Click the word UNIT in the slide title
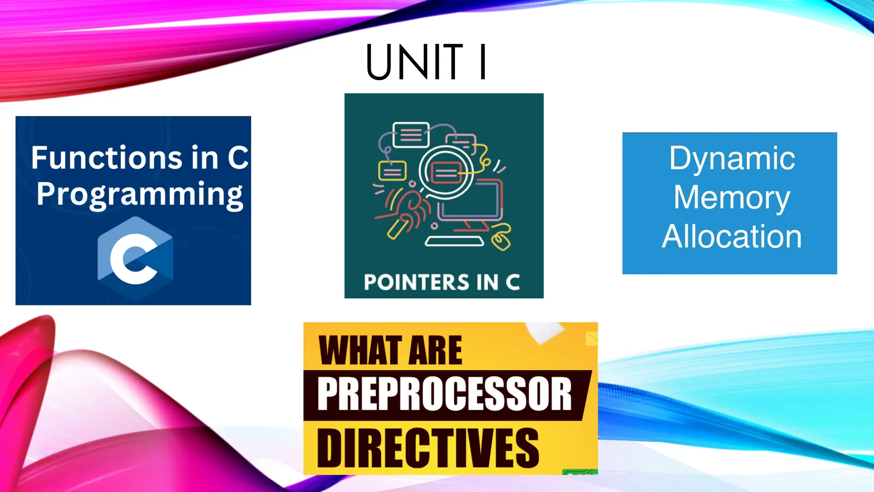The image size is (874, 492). pyautogui.click(x=414, y=62)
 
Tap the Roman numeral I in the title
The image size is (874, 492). pyautogui.click(x=483, y=62)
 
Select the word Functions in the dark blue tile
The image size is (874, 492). pyautogui.click(x=107, y=158)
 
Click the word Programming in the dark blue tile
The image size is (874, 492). pyautogui.click(x=140, y=194)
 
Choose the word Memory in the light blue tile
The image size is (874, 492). pyautogui.click(x=732, y=197)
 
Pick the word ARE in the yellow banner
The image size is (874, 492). pyautogui.click(x=435, y=351)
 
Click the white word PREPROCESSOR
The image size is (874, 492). pyautogui.click(x=444, y=394)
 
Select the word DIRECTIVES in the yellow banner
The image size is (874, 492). pyautogui.click(x=428, y=448)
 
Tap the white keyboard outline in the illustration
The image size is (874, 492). pyautogui.click(x=454, y=242)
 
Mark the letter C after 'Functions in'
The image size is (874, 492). pyautogui.click(x=238, y=158)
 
